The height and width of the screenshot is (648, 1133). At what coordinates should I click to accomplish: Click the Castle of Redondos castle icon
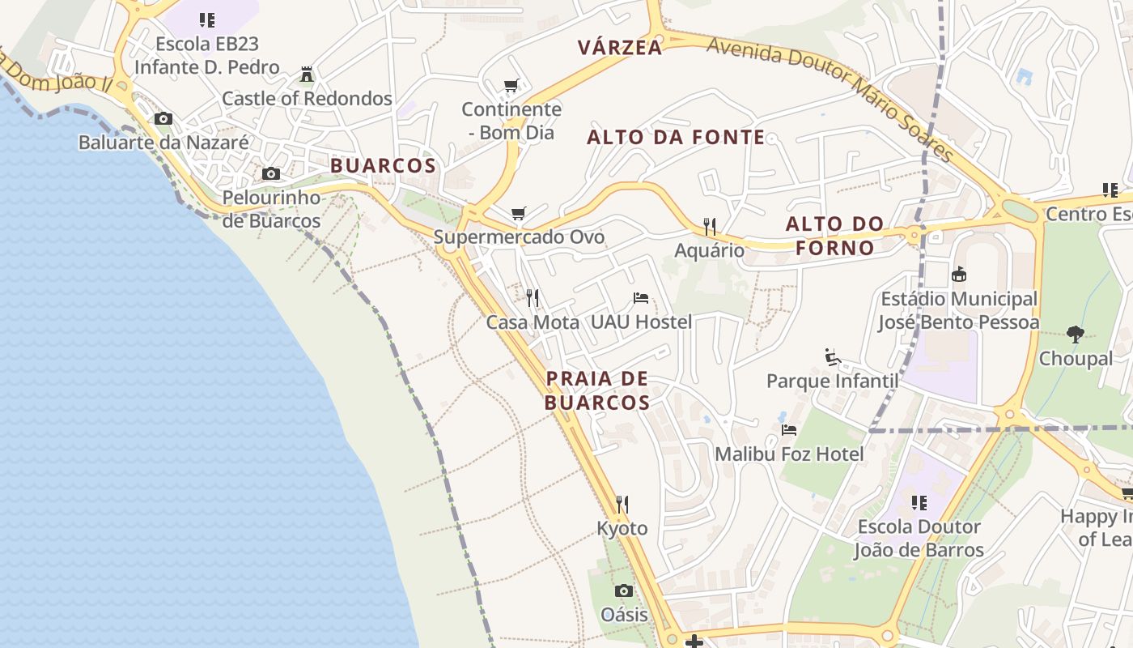point(307,75)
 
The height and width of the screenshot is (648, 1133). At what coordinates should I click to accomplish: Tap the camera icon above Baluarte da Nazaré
point(163,119)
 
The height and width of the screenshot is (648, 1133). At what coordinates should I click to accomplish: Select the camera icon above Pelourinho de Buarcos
point(271,173)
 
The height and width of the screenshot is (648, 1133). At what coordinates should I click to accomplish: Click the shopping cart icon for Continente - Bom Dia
point(511,85)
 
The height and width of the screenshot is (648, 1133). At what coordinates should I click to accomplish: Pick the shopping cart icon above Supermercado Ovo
point(519,214)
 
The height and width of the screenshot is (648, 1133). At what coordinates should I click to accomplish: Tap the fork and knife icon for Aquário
point(710,226)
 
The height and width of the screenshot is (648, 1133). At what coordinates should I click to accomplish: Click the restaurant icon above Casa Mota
point(533,298)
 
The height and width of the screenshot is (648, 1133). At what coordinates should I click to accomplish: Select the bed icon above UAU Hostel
point(641,298)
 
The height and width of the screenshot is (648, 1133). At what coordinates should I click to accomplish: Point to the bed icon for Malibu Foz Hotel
point(789,430)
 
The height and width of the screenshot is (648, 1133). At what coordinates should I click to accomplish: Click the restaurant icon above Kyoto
point(622,505)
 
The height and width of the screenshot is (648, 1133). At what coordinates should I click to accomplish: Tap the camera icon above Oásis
point(624,590)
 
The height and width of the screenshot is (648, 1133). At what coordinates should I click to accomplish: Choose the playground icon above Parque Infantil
point(832,356)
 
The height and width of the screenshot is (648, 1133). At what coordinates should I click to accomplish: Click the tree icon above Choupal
point(1076,334)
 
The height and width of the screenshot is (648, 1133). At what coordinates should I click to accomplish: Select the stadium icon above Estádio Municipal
point(959,275)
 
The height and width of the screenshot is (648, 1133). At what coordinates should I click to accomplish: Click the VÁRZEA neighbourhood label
point(620,48)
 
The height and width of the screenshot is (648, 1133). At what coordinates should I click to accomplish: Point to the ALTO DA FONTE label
point(676,137)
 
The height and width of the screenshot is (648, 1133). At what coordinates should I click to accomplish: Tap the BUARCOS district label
point(383,166)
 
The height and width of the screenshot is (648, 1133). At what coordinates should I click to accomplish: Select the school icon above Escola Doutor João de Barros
point(919,503)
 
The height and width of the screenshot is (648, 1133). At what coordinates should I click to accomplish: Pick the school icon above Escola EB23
point(207,20)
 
